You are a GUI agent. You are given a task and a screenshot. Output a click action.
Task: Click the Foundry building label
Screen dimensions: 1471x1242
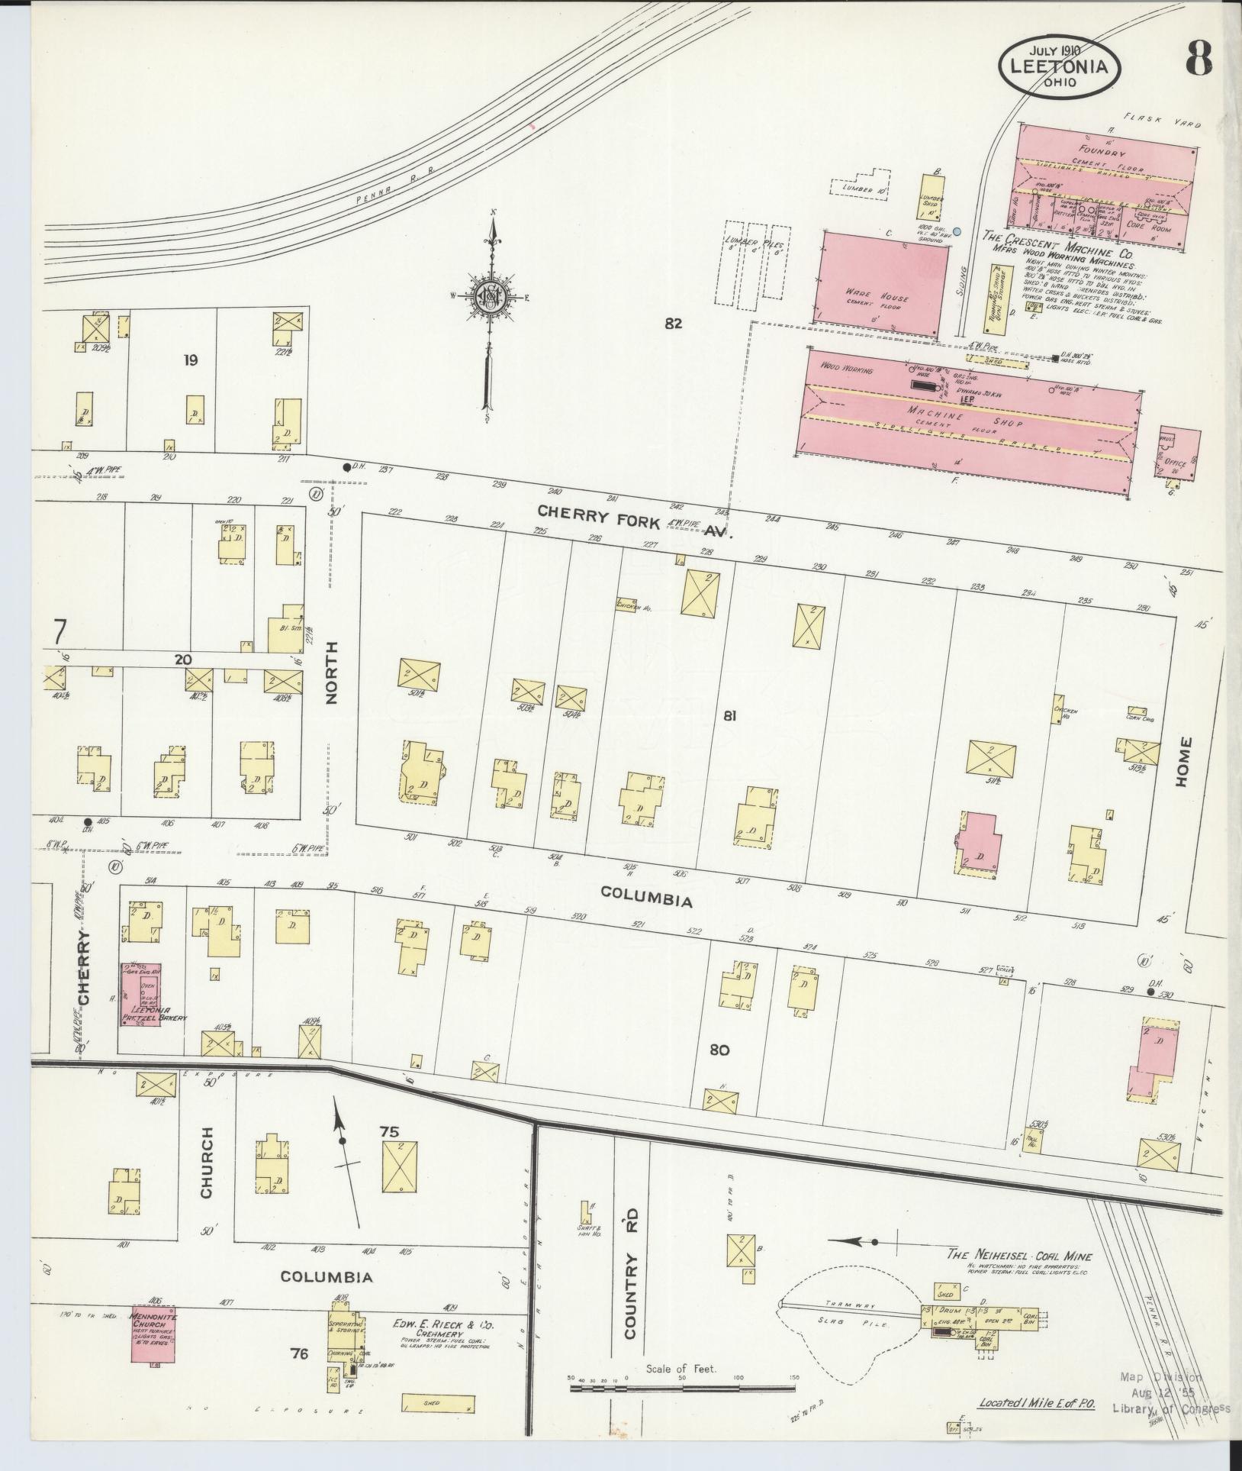[1097, 151]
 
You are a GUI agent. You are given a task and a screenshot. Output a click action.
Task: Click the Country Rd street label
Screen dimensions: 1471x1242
[630, 1289]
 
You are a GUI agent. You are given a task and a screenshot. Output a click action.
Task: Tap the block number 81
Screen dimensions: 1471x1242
[730, 716]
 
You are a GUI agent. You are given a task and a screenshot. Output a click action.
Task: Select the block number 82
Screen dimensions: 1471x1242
[672, 324]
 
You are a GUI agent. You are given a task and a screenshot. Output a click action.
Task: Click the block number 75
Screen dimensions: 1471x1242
[390, 1132]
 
